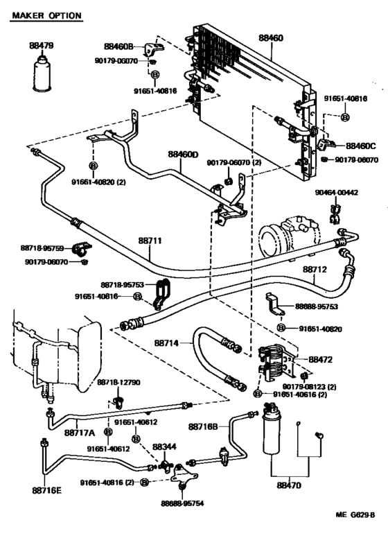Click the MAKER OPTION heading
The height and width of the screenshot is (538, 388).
click(x=46, y=15)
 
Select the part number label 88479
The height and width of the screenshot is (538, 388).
click(x=42, y=46)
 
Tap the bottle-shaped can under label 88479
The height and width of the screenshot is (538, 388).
click(x=43, y=73)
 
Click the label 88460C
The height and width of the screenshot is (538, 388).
click(x=360, y=146)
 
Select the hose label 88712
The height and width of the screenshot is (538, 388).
click(x=314, y=269)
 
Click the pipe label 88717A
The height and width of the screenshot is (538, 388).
click(x=80, y=433)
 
